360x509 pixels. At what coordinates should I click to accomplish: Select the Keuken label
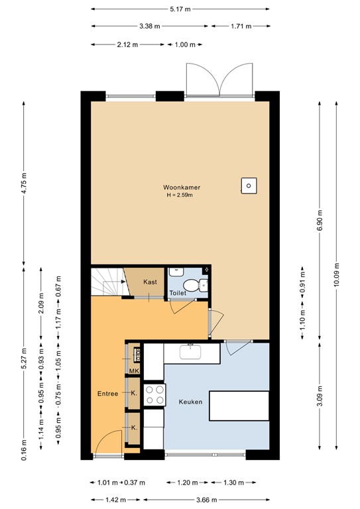(x=190, y=402)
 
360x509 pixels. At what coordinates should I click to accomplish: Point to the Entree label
(x=107, y=394)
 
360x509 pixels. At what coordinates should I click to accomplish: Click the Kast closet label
(x=150, y=282)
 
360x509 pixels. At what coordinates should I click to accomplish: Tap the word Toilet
(x=178, y=292)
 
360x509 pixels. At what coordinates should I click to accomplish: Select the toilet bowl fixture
(x=192, y=286)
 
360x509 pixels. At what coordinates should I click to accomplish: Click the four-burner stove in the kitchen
(x=154, y=395)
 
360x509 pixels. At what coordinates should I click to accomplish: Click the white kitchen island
(x=239, y=406)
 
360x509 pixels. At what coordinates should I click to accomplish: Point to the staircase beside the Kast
(x=106, y=282)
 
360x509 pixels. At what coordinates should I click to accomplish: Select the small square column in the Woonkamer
(x=249, y=186)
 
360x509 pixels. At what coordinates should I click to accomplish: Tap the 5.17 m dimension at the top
(x=180, y=9)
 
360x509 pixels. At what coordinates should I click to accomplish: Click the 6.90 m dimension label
(x=320, y=219)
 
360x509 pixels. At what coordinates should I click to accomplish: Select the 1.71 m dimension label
(x=241, y=27)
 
